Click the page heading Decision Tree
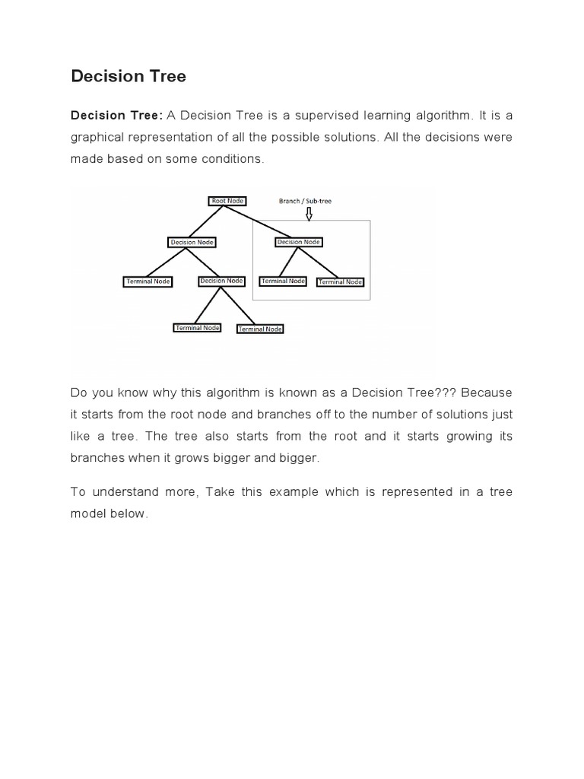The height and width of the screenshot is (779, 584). pyautogui.click(x=129, y=76)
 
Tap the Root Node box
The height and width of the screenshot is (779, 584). pyautogui.click(x=227, y=201)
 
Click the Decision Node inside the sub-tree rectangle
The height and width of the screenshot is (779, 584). pyautogui.click(x=299, y=242)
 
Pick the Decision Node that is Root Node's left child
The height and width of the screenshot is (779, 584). pyautogui.click(x=192, y=243)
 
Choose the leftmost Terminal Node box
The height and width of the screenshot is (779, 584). pyautogui.click(x=148, y=281)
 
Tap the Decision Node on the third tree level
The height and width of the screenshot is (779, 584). pyautogui.click(x=221, y=281)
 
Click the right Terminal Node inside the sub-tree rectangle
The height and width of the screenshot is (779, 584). pyautogui.click(x=341, y=281)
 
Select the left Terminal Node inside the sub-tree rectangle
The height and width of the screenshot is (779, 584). pyautogui.click(x=283, y=281)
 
